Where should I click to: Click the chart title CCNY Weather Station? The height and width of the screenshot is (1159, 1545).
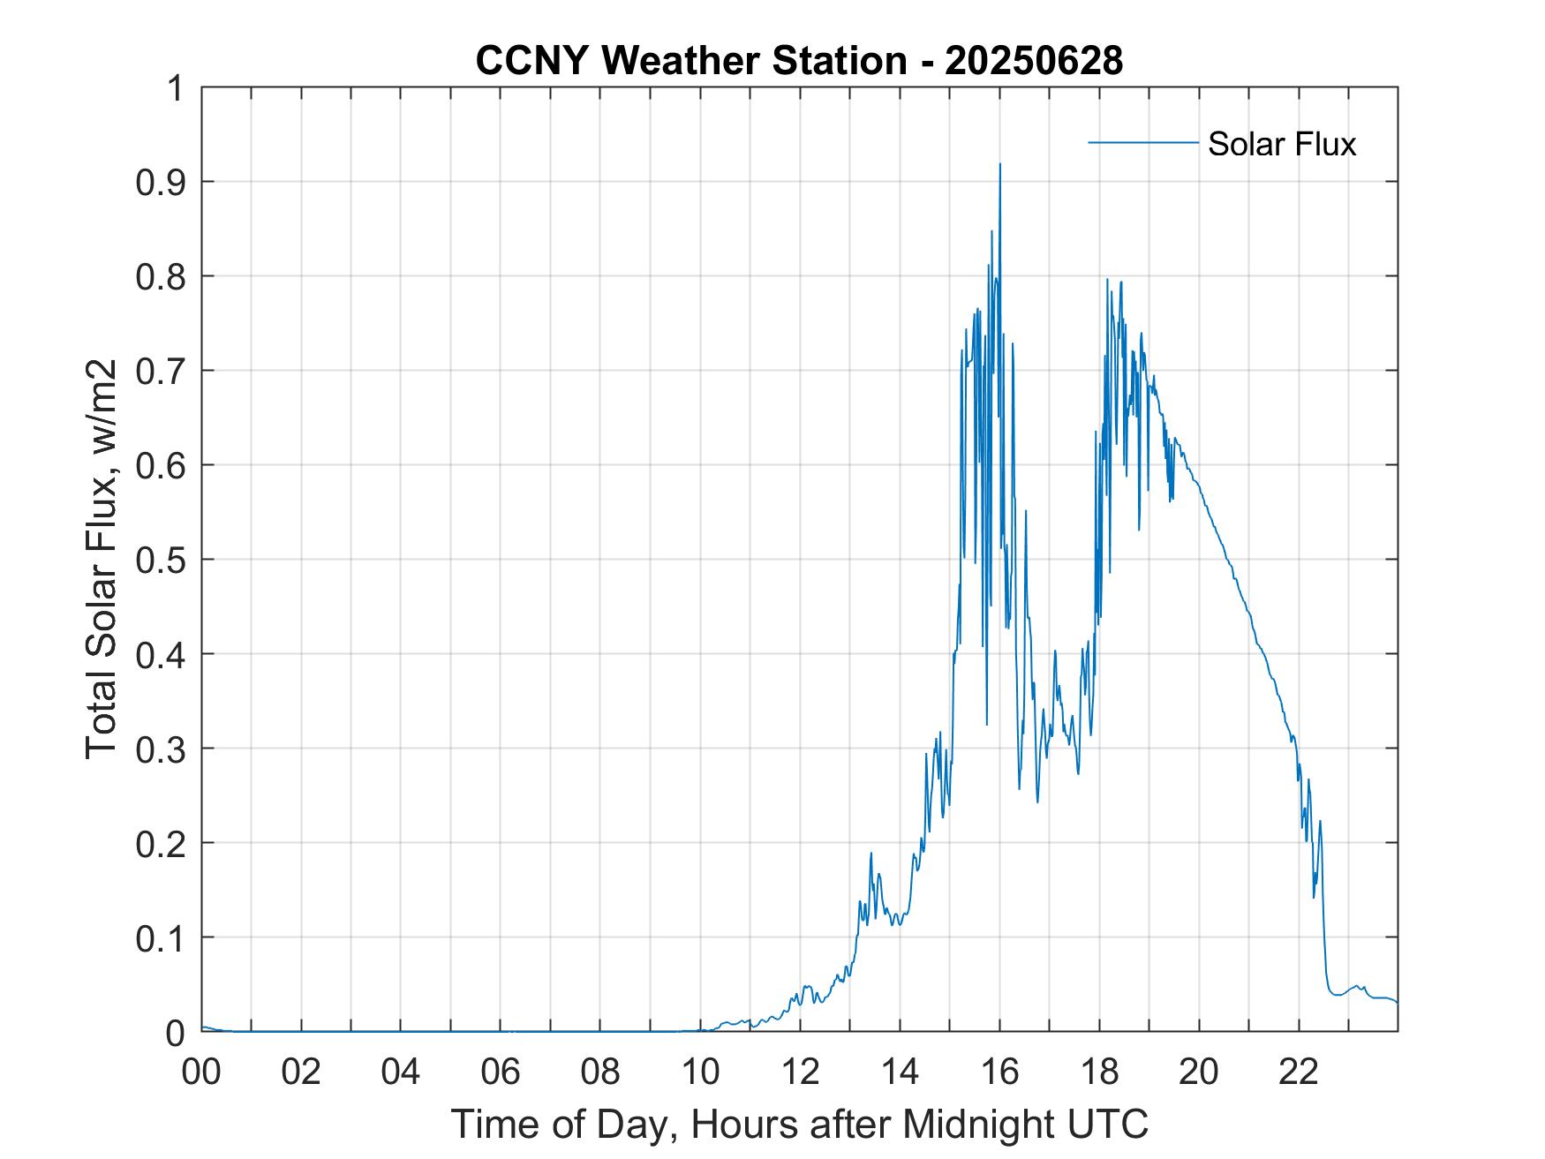tap(690, 61)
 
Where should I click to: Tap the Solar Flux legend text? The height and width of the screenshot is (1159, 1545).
tap(1281, 144)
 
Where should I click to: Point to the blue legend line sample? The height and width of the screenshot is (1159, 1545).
tap(1142, 142)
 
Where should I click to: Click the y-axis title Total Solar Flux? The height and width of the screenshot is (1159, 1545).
tap(102, 559)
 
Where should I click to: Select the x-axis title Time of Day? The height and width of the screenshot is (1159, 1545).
tap(799, 1124)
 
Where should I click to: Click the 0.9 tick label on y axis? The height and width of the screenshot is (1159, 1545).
tap(163, 182)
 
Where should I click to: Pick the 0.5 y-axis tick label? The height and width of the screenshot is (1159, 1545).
tap(163, 560)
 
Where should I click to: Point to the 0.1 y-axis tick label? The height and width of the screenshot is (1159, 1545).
tap(163, 937)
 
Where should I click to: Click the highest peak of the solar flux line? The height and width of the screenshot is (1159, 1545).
tap(999, 164)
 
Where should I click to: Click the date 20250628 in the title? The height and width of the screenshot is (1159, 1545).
tap(1033, 61)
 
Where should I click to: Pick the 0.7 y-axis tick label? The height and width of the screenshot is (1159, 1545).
tap(163, 371)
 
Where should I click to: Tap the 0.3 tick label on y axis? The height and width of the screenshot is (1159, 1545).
tap(163, 749)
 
